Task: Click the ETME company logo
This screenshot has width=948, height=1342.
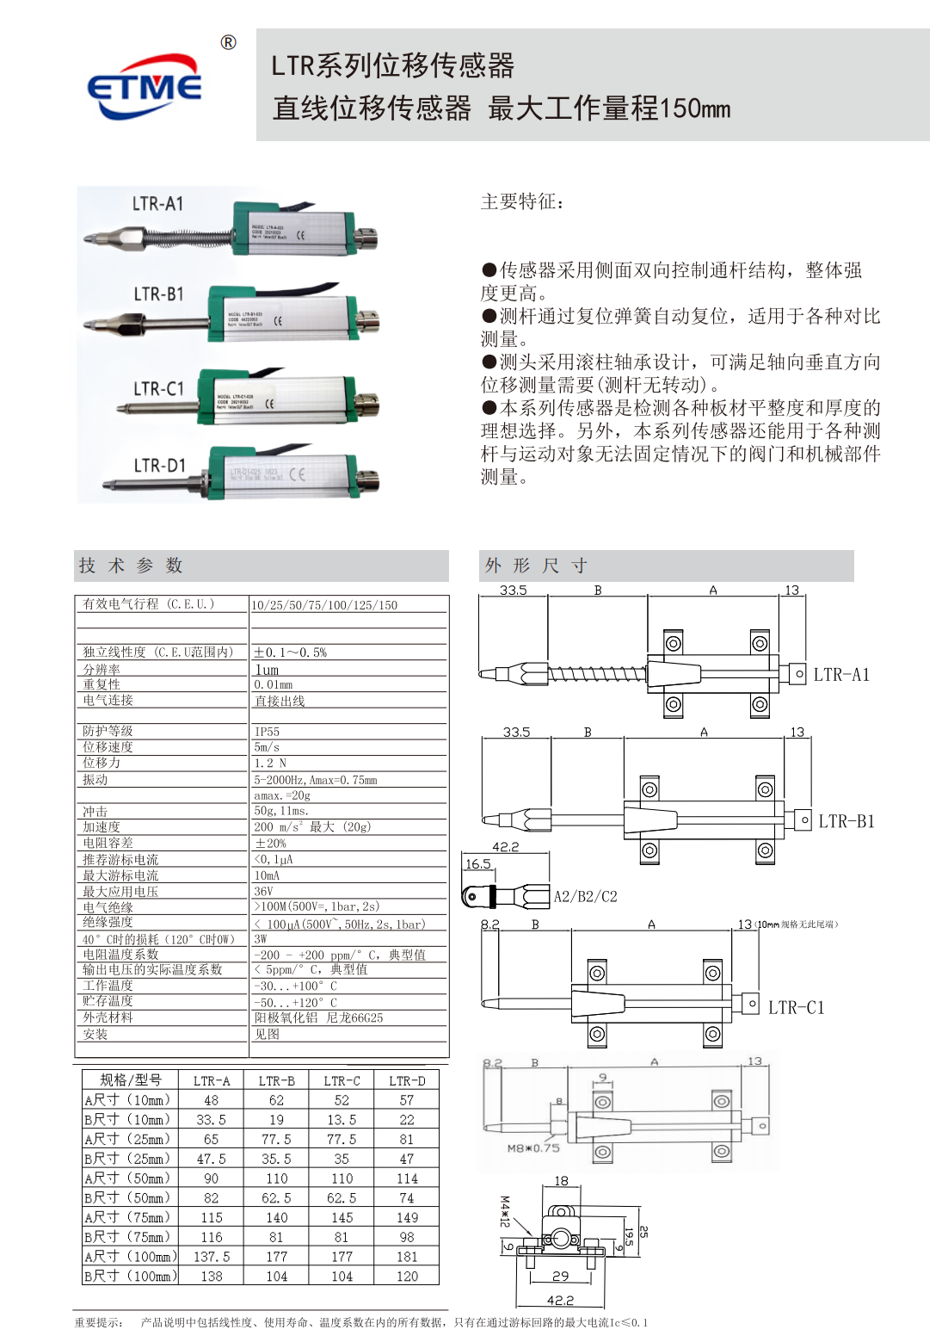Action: (x=145, y=87)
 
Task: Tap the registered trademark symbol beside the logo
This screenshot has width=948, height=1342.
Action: (x=228, y=43)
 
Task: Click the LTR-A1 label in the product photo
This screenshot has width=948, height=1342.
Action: (x=157, y=204)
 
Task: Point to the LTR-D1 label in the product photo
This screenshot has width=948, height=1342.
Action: (x=159, y=466)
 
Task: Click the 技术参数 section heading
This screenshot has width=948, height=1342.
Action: (x=131, y=566)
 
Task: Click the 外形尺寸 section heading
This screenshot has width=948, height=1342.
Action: (x=536, y=566)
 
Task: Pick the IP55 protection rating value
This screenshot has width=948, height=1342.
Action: (x=267, y=732)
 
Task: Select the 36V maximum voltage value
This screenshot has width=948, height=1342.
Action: (x=263, y=892)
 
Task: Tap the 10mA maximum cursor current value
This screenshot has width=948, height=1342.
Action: (x=267, y=875)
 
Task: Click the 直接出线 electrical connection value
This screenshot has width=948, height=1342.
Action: (x=280, y=702)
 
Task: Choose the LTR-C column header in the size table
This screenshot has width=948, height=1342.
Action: (x=342, y=1080)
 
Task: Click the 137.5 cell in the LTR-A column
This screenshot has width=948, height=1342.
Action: (x=212, y=1257)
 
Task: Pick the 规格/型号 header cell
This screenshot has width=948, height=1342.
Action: (x=130, y=1080)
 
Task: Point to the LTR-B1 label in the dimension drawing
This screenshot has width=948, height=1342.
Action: (x=846, y=821)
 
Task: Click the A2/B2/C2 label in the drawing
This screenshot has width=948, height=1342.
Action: (x=585, y=897)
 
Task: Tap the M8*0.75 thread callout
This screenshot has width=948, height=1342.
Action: (x=532, y=1148)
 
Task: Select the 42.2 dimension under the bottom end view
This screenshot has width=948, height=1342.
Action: (x=560, y=1301)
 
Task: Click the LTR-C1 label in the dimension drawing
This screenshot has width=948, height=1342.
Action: (x=796, y=1007)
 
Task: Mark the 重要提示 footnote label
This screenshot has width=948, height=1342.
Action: (x=98, y=1322)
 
